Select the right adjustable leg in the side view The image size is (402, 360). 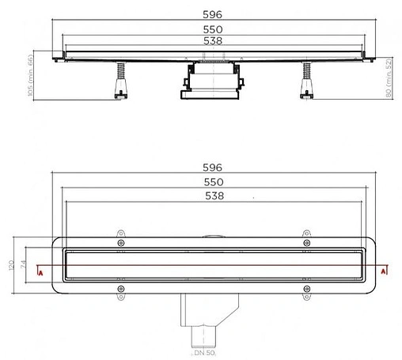305,81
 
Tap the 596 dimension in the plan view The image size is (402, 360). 212,168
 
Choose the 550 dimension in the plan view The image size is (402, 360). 212,182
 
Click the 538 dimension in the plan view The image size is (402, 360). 212,195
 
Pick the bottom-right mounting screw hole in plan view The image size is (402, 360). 306,290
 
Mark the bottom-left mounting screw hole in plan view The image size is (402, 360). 121,290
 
